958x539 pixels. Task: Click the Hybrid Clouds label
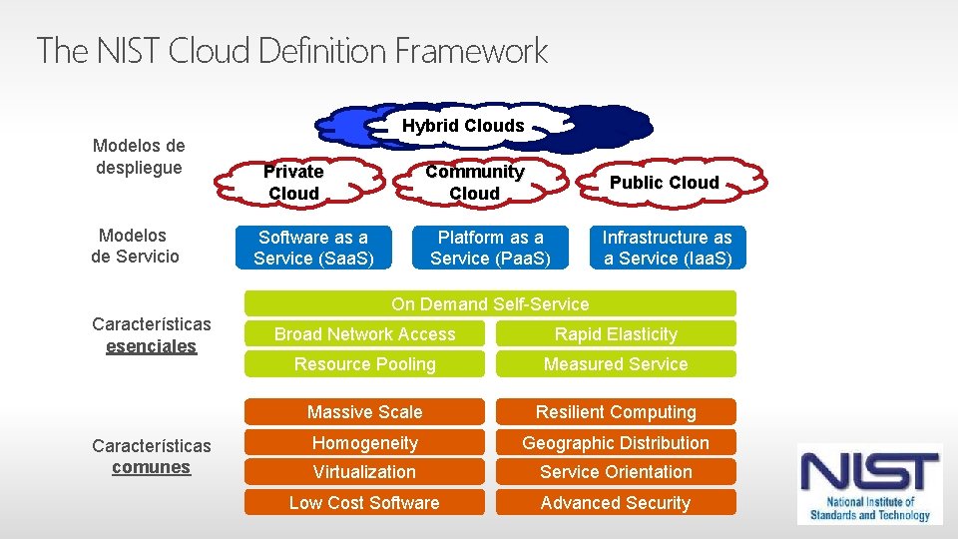(463, 126)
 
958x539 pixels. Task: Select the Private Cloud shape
(293, 183)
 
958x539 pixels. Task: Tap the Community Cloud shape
(474, 183)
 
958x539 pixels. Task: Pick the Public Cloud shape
(664, 183)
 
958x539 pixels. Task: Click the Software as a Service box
(313, 248)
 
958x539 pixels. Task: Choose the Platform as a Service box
(491, 248)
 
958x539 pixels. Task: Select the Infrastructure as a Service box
(667, 248)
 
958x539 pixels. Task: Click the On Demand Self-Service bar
(490, 303)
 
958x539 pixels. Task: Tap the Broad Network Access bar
(364, 334)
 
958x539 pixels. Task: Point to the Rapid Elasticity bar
(616, 334)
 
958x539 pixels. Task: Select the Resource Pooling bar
(364, 364)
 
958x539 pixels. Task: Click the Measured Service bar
(616, 364)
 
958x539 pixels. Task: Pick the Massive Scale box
(364, 412)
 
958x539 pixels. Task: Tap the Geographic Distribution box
(616, 443)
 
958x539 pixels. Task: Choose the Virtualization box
(364, 472)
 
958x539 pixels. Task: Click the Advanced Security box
(616, 503)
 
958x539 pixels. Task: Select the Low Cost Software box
(364, 503)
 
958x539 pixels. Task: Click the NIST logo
(869, 484)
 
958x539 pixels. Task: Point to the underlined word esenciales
(152, 346)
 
